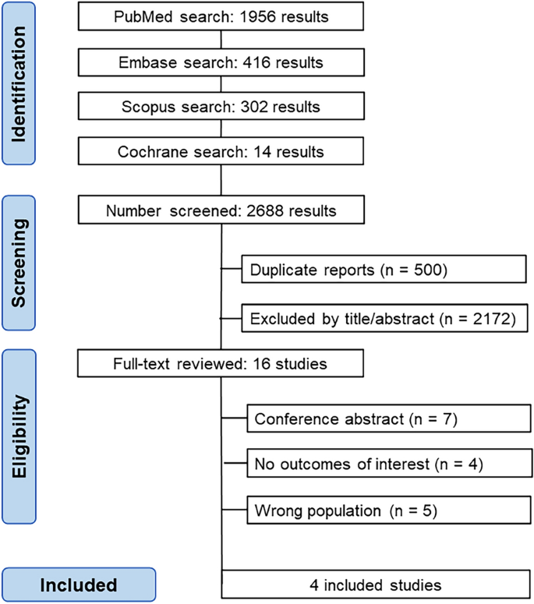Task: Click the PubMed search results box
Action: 221,16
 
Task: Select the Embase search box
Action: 221,62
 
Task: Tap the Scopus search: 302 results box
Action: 221,107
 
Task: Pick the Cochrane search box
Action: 221,152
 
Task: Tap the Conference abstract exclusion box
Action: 386,419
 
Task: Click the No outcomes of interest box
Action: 386,465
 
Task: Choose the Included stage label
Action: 79,585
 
